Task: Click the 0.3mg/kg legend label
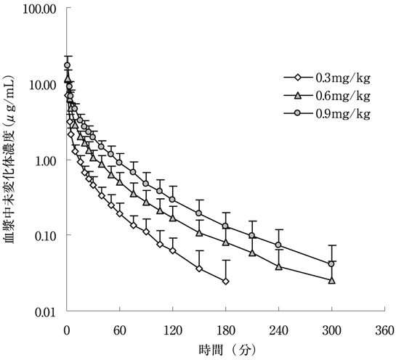343,78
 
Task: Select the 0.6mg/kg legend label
343,96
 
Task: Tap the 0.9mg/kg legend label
343,114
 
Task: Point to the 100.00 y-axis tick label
39,9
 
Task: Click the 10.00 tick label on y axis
42,86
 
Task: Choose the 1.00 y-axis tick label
46,160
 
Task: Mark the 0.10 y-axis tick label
46,236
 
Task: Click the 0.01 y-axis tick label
46,312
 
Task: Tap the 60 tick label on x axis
119,330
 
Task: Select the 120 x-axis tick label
173,330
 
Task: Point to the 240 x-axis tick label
278,330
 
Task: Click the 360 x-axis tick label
384,330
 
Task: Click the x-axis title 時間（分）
227,350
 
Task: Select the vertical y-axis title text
9,159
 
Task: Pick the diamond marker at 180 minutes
226,282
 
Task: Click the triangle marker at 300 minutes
332,281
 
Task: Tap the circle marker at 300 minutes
331,264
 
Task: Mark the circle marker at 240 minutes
278,245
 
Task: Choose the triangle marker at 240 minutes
279,266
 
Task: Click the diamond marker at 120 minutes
173,250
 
